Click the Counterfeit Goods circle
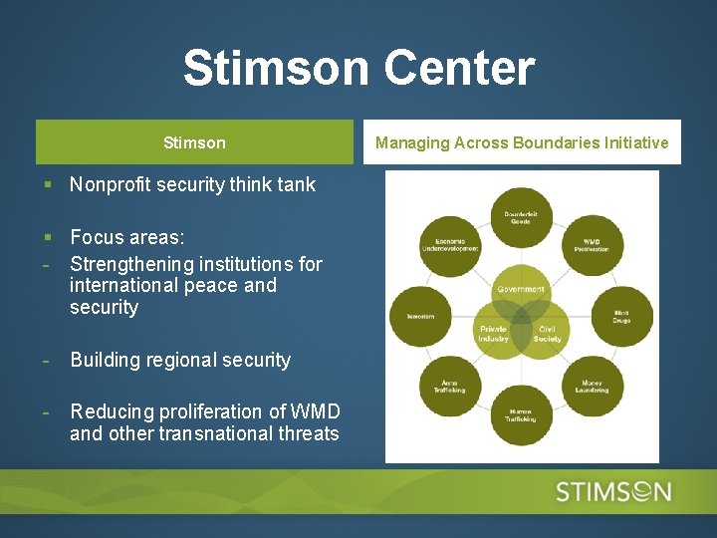[521, 217]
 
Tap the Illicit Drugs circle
[622, 317]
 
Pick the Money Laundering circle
[592, 387]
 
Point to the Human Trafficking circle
[521, 414]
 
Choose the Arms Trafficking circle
[450, 387]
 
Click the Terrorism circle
[419, 317]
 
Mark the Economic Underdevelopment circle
[450, 244]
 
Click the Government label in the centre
[521, 290]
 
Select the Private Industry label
[494, 334]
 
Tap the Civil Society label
[548, 334]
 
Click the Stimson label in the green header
[194, 142]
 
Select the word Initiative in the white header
[635, 142]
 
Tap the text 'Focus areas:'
[126, 237]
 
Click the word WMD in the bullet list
[320, 411]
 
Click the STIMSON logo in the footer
[613, 491]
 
